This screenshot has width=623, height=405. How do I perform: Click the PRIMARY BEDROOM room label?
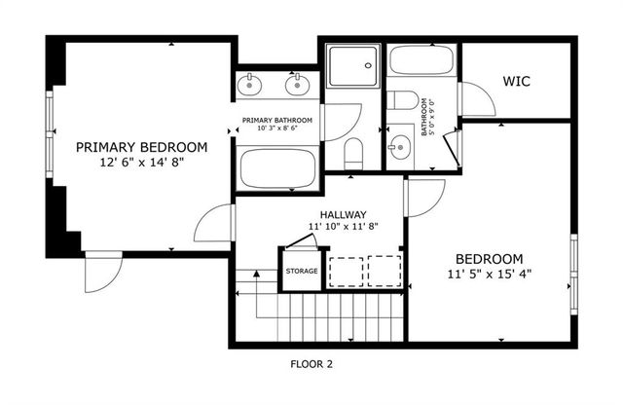tap(142, 147)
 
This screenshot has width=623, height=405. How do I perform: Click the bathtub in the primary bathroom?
tap(278, 168)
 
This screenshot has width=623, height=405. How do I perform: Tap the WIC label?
tap(516, 81)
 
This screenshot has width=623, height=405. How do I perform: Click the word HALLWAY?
tap(343, 214)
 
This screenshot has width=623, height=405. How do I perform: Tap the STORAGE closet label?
tap(301, 271)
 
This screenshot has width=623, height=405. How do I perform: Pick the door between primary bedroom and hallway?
tap(213, 226)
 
